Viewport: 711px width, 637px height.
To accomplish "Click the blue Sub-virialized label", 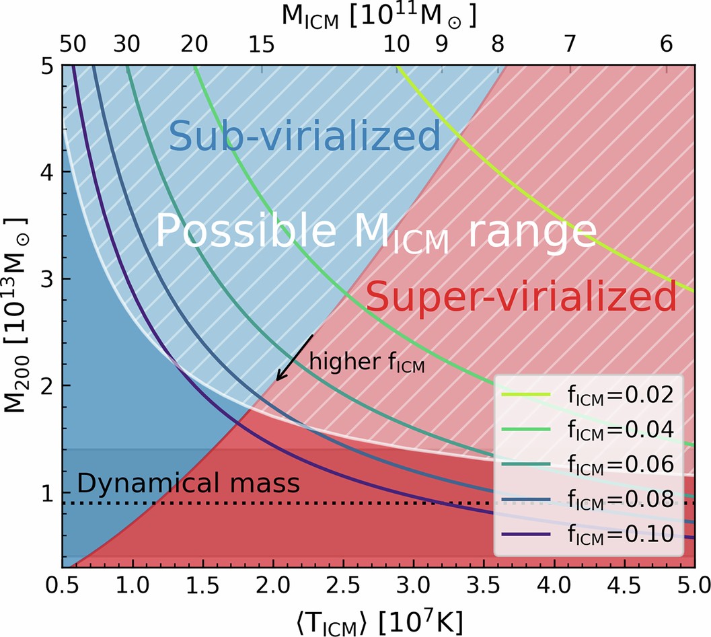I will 304,137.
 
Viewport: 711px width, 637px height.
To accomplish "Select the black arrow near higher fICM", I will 295,357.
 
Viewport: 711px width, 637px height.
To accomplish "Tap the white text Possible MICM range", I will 377,233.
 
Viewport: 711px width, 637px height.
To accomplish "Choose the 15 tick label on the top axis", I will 260,45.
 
